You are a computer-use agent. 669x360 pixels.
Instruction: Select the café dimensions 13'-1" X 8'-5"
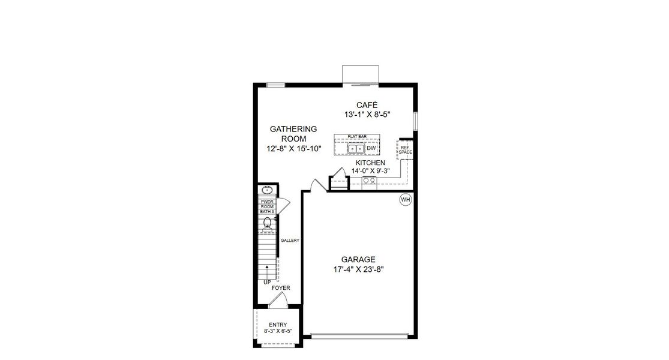point(367,115)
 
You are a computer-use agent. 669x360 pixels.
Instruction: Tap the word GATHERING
point(293,129)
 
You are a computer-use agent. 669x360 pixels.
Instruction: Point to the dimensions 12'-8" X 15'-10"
point(293,148)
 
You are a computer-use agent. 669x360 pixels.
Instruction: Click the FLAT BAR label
point(357,137)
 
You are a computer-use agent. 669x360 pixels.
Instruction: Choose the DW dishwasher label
point(371,148)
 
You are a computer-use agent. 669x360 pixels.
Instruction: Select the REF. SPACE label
point(405,150)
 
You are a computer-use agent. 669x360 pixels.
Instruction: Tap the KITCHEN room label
point(370,163)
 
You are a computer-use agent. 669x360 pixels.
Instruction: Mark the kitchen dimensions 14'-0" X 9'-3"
point(370,171)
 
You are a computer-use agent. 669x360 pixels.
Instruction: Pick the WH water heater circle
point(405,199)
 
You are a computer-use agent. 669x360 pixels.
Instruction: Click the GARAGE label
point(358,259)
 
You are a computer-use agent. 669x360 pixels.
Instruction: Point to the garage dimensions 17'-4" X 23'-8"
point(358,269)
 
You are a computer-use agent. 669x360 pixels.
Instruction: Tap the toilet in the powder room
point(268,226)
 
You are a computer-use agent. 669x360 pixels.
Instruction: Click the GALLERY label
point(290,241)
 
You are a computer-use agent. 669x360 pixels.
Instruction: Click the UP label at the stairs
point(266,282)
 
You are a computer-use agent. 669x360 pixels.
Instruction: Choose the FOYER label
point(280,288)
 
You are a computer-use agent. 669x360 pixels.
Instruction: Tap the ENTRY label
point(278,325)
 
